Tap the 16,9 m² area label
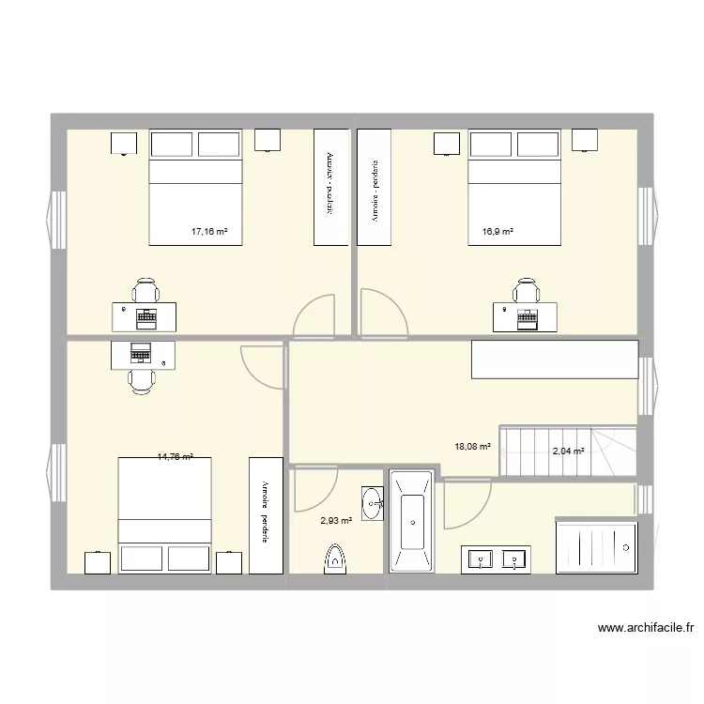point(497,230)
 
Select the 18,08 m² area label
point(472,447)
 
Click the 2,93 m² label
point(336,520)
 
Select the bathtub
point(409,521)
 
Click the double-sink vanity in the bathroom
point(497,559)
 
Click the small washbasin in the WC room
point(372,502)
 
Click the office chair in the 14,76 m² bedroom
point(141,378)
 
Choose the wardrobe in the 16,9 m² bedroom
point(374,188)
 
